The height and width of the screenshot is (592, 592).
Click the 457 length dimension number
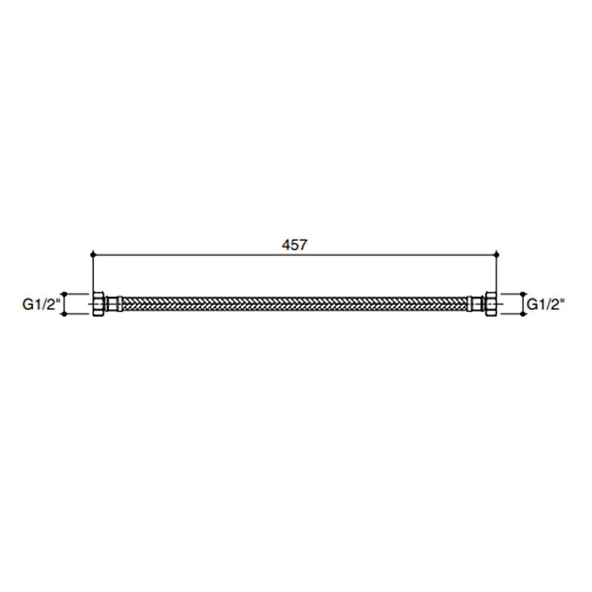294,245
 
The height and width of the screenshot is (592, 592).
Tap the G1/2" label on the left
41,304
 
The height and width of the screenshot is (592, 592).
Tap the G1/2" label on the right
546,304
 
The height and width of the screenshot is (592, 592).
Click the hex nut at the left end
98,304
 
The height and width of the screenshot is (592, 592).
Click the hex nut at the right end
491,304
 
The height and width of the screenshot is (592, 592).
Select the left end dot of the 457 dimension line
92,255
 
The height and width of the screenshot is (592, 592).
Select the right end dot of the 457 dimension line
497,255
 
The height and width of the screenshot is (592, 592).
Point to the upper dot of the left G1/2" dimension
64,294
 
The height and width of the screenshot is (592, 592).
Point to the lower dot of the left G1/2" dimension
64,314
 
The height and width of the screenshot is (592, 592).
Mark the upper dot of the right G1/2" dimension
523,294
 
